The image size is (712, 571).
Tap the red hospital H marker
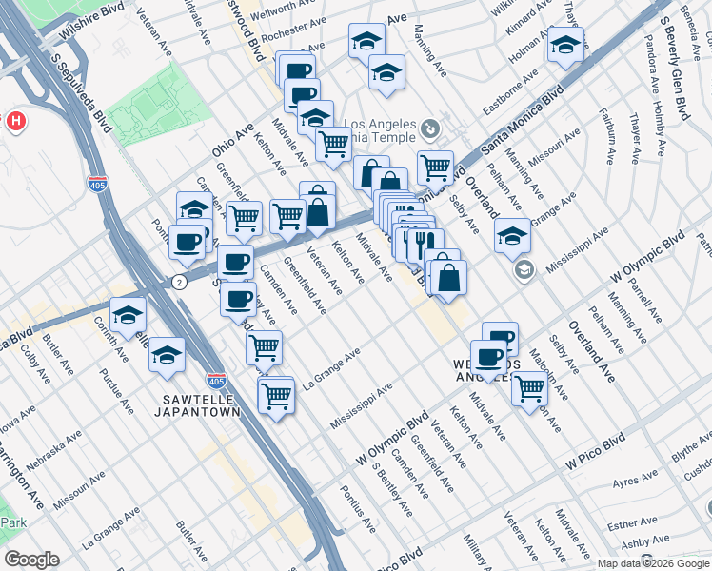pyautogui.click(x=15, y=121)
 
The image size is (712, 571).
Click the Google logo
pyautogui.click(x=31, y=561)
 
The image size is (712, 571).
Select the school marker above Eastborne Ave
pyautogui.click(x=565, y=44)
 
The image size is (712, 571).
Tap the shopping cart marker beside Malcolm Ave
pyautogui.click(x=529, y=387)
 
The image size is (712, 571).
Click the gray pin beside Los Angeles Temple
pyautogui.click(x=430, y=127)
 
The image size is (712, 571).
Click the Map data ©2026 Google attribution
pyautogui.click(x=652, y=562)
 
